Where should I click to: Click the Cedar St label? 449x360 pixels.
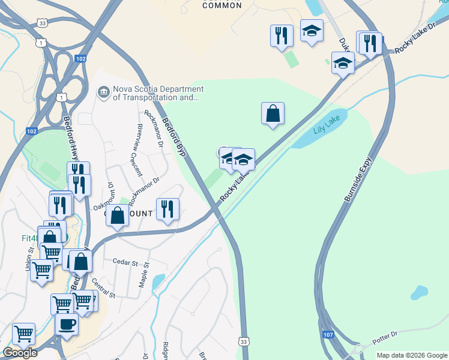125,263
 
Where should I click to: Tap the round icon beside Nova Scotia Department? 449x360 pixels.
103,92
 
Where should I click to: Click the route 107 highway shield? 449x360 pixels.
328,334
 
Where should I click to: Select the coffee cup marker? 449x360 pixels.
66,325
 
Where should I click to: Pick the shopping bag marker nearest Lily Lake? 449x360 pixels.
273,113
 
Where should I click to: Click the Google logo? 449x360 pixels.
20,353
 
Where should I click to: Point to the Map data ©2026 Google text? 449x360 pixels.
412,355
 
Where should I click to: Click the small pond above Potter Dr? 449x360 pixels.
418,293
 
